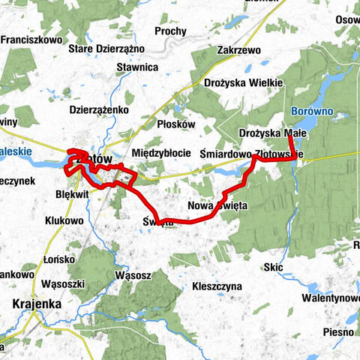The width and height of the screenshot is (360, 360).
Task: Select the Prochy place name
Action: (171, 31)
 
